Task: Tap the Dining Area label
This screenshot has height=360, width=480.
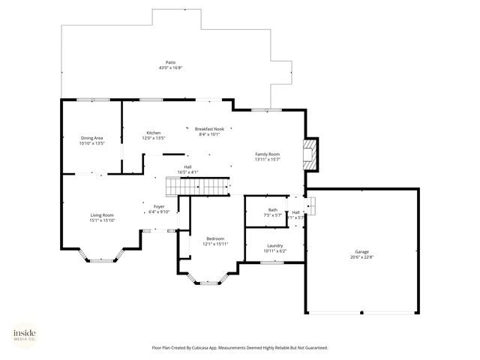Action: click(x=91, y=137)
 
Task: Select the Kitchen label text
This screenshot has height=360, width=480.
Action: click(x=154, y=133)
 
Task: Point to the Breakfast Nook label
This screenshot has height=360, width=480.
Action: click(x=209, y=129)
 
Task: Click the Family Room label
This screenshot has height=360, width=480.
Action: click(x=267, y=154)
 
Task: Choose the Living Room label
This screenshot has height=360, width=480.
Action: click(x=102, y=214)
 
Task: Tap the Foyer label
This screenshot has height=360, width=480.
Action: click(x=159, y=206)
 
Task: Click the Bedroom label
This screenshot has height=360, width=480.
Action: click(x=215, y=238)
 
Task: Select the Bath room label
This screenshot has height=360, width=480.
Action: click(x=272, y=210)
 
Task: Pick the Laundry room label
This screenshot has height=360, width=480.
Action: click(x=274, y=245)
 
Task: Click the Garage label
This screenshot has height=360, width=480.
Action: click(x=361, y=252)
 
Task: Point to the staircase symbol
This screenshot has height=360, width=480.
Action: click(x=196, y=185)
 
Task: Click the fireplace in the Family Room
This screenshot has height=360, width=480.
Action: click(x=310, y=153)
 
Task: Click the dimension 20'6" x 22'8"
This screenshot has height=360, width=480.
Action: click(x=361, y=257)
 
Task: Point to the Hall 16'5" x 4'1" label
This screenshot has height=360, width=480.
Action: click(x=187, y=169)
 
